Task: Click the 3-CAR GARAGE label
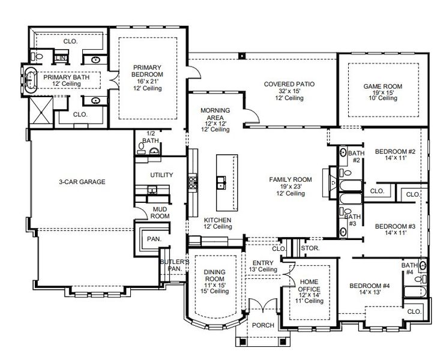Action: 82,182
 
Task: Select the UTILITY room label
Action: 161,175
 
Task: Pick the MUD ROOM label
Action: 159,212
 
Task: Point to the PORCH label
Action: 263,325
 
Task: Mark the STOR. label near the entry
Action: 310,247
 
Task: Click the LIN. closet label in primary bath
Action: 60,58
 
